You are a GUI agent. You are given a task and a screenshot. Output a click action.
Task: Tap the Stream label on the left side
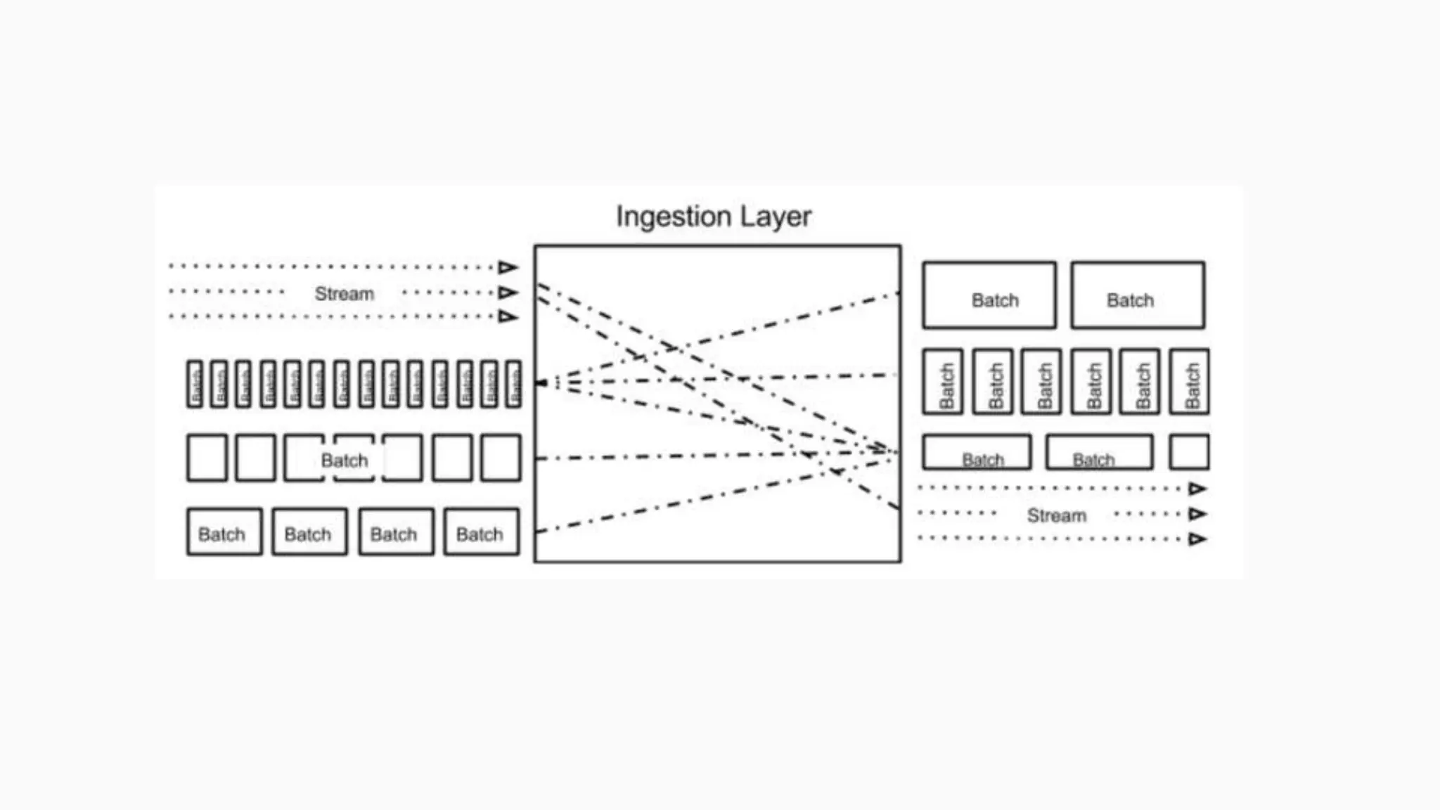tap(344, 293)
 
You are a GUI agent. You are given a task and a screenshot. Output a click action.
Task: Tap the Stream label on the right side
tap(1056, 515)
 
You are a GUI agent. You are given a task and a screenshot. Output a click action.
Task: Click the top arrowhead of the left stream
tap(508, 267)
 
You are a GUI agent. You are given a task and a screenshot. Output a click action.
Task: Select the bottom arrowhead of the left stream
tap(508, 316)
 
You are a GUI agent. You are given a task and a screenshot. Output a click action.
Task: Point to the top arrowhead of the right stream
tap(1197, 489)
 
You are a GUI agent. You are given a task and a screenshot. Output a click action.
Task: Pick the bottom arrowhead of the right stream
tap(1197, 539)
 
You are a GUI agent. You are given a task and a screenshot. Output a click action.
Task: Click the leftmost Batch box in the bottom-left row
tap(224, 532)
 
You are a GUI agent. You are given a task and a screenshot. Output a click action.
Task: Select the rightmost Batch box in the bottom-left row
tap(482, 532)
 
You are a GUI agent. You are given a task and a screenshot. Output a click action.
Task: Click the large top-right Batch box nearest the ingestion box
tap(989, 295)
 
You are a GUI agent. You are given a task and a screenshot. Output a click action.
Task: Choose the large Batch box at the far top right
tap(1138, 295)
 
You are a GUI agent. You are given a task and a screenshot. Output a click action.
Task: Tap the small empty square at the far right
tap(1189, 452)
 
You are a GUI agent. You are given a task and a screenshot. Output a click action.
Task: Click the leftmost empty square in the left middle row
tap(207, 458)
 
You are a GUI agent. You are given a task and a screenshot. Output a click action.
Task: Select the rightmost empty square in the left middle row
tap(501, 458)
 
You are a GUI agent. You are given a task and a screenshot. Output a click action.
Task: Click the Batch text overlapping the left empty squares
tap(344, 461)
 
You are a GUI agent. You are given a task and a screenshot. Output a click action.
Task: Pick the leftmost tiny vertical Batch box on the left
tap(195, 384)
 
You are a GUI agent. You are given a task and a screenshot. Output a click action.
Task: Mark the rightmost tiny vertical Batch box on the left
tap(514, 384)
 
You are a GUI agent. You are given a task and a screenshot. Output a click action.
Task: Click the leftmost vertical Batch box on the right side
tap(943, 382)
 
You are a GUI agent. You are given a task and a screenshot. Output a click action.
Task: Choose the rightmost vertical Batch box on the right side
tap(1189, 382)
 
